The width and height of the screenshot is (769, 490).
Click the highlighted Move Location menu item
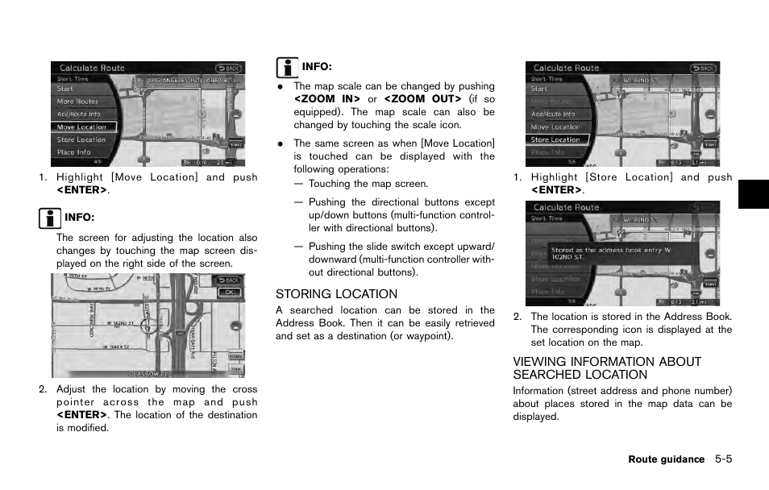point(82,127)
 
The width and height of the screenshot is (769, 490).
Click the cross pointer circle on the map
point(148,326)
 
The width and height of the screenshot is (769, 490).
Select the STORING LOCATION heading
point(336,294)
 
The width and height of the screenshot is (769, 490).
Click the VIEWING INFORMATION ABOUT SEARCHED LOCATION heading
point(607,368)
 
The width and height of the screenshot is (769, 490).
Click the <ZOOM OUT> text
point(422,99)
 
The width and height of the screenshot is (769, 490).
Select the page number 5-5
point(722,459)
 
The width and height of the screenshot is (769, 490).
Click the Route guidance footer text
point(666,459)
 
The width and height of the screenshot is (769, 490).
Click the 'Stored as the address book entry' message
point(611,254)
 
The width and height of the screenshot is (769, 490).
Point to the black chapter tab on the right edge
point(753,194)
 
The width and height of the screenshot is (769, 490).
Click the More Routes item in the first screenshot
point(77,102)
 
